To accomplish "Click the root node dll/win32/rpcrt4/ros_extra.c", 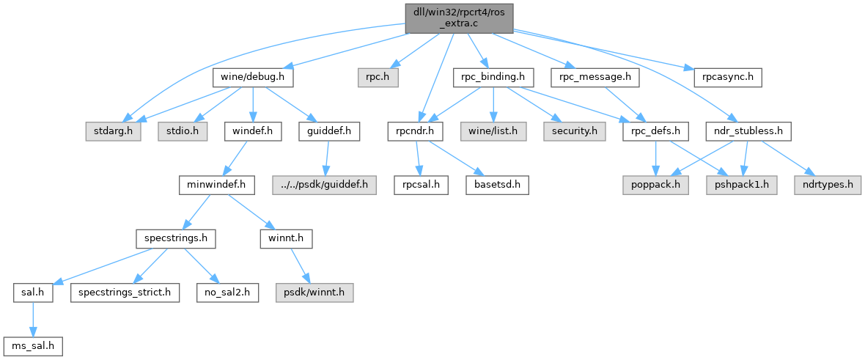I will (458, 18).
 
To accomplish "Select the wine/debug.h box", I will (253, 76).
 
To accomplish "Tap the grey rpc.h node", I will (378, 76).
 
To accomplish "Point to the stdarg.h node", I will (113, 132).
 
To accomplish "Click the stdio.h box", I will (182, 132).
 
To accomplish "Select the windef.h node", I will (252, 132).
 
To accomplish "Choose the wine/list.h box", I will (493, 132).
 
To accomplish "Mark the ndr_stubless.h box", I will (747, 132).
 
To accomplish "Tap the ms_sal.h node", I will (32, 345).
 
